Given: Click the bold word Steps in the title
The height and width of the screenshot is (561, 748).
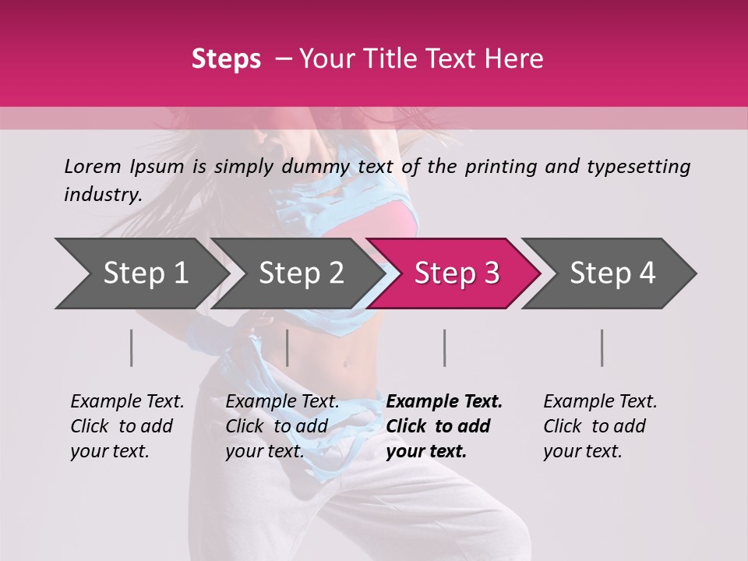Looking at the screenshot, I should click(226, 59).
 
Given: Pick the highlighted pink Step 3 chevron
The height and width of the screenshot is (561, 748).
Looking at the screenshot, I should click(456, 273).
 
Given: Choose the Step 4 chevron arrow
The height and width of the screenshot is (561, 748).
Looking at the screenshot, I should click(612, 273).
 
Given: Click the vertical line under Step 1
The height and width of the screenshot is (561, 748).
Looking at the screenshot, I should click(132, 348).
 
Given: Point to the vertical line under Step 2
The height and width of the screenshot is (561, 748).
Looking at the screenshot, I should click(288, 348).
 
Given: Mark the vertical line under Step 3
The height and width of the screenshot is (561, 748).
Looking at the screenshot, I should click(445, 348).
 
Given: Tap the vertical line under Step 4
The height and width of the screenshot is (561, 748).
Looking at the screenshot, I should click(602, 348).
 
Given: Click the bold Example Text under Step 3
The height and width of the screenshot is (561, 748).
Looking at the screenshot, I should click(444, 402).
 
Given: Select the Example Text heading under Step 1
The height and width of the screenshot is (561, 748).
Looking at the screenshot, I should click(127, 402).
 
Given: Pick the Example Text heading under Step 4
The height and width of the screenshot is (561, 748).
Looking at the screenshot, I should click(600, 402).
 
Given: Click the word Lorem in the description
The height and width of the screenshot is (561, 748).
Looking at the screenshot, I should click(93, 166).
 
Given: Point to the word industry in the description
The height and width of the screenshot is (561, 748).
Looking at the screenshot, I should click(103, 195).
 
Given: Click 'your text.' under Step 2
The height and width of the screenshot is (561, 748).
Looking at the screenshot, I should click(265, 451).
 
